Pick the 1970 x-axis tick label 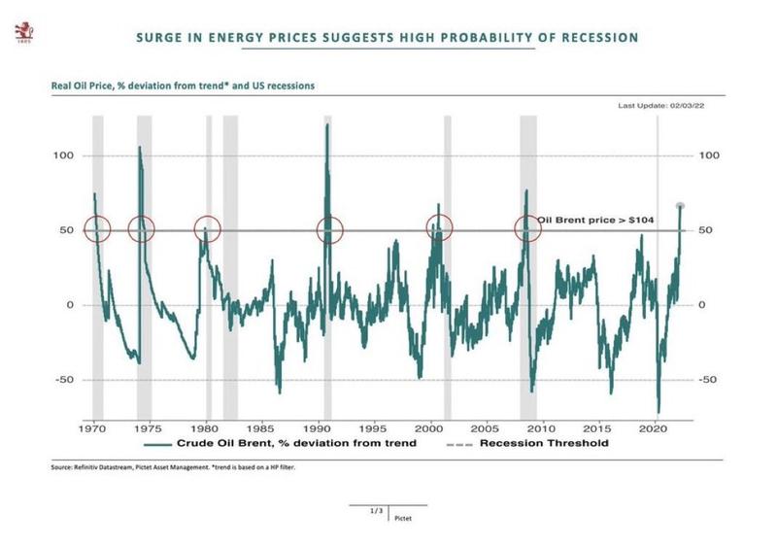pyautogui.click(x=93, y=427)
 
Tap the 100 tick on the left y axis pyautogui.click(x=63, y=155)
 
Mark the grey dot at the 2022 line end pyautogui.click(x=680, y=206)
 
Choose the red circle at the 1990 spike pyautogui.click(x=330, y=230)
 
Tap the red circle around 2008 pyautogui.click(x=528, y=230)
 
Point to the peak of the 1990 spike pyautogui.click(x=327, y=124)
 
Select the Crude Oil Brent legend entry pyautogui.click(x=282, y=443)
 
